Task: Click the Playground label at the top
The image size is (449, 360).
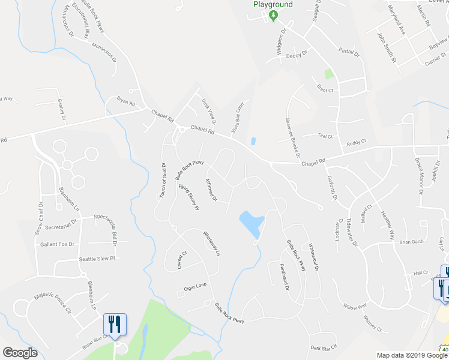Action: [x=273, y=4]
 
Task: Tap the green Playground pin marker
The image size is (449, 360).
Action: [x=273, y=15]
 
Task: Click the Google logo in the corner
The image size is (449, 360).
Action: [x=20, y=353]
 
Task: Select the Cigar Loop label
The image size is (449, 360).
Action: [x=196, y=287]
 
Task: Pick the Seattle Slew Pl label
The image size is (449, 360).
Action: [x=96, y=259]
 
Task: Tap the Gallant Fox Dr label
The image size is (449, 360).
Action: [x=57, y=244]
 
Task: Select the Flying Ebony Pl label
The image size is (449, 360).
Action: [x=188, y=197]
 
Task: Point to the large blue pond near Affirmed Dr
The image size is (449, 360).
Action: [x=251, y=223]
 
